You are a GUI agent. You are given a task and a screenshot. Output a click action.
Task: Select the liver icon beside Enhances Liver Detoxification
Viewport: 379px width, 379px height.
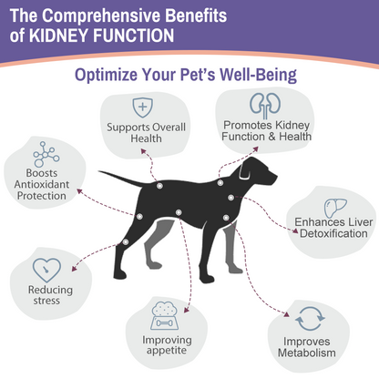[x=333, y=202]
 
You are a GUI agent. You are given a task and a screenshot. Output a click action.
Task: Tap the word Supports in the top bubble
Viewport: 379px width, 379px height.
[x=126, y=125]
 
